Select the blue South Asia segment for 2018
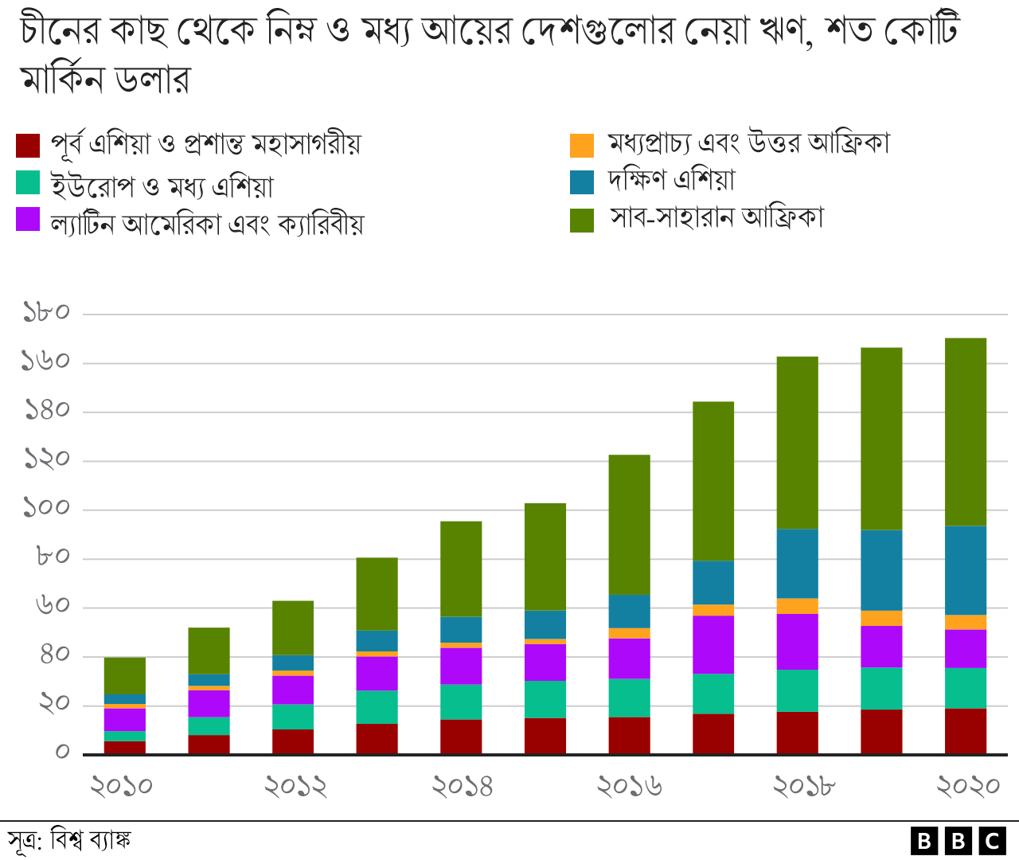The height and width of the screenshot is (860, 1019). click(797, 563)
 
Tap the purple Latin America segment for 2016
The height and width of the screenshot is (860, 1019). click(629, 658)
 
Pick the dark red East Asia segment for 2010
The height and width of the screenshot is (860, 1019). click(125, 747)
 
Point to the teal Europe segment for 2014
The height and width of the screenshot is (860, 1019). click(461, 702)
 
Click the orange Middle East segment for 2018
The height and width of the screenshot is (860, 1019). click(797, 606)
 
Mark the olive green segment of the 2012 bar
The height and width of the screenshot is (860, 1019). click(293, 627)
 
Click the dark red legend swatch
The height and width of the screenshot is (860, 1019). click(28, 146)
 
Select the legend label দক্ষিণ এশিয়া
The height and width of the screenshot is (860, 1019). click(671, 181)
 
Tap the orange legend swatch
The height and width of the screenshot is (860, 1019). click(582, 146)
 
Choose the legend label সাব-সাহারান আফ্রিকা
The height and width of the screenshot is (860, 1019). click(716, 217)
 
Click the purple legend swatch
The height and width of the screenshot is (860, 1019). click(28, 219)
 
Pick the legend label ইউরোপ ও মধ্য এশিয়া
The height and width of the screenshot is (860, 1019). click(162, 186)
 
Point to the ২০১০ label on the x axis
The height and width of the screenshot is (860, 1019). click(121, 787)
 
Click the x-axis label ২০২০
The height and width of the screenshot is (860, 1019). click(967, 787)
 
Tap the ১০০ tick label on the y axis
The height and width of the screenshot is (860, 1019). click(46, 508)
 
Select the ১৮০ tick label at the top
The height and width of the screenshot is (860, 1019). click(46, 312)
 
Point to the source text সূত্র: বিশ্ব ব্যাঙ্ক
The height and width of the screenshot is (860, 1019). click(69, 840)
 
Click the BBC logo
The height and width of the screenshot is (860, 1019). click(958, 841)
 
